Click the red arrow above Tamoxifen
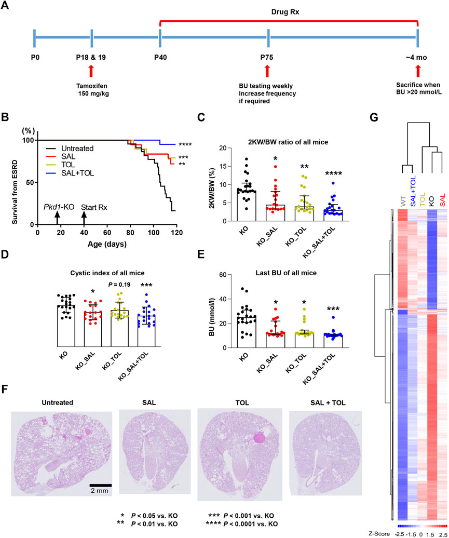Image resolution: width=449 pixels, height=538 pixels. point(91,71)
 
